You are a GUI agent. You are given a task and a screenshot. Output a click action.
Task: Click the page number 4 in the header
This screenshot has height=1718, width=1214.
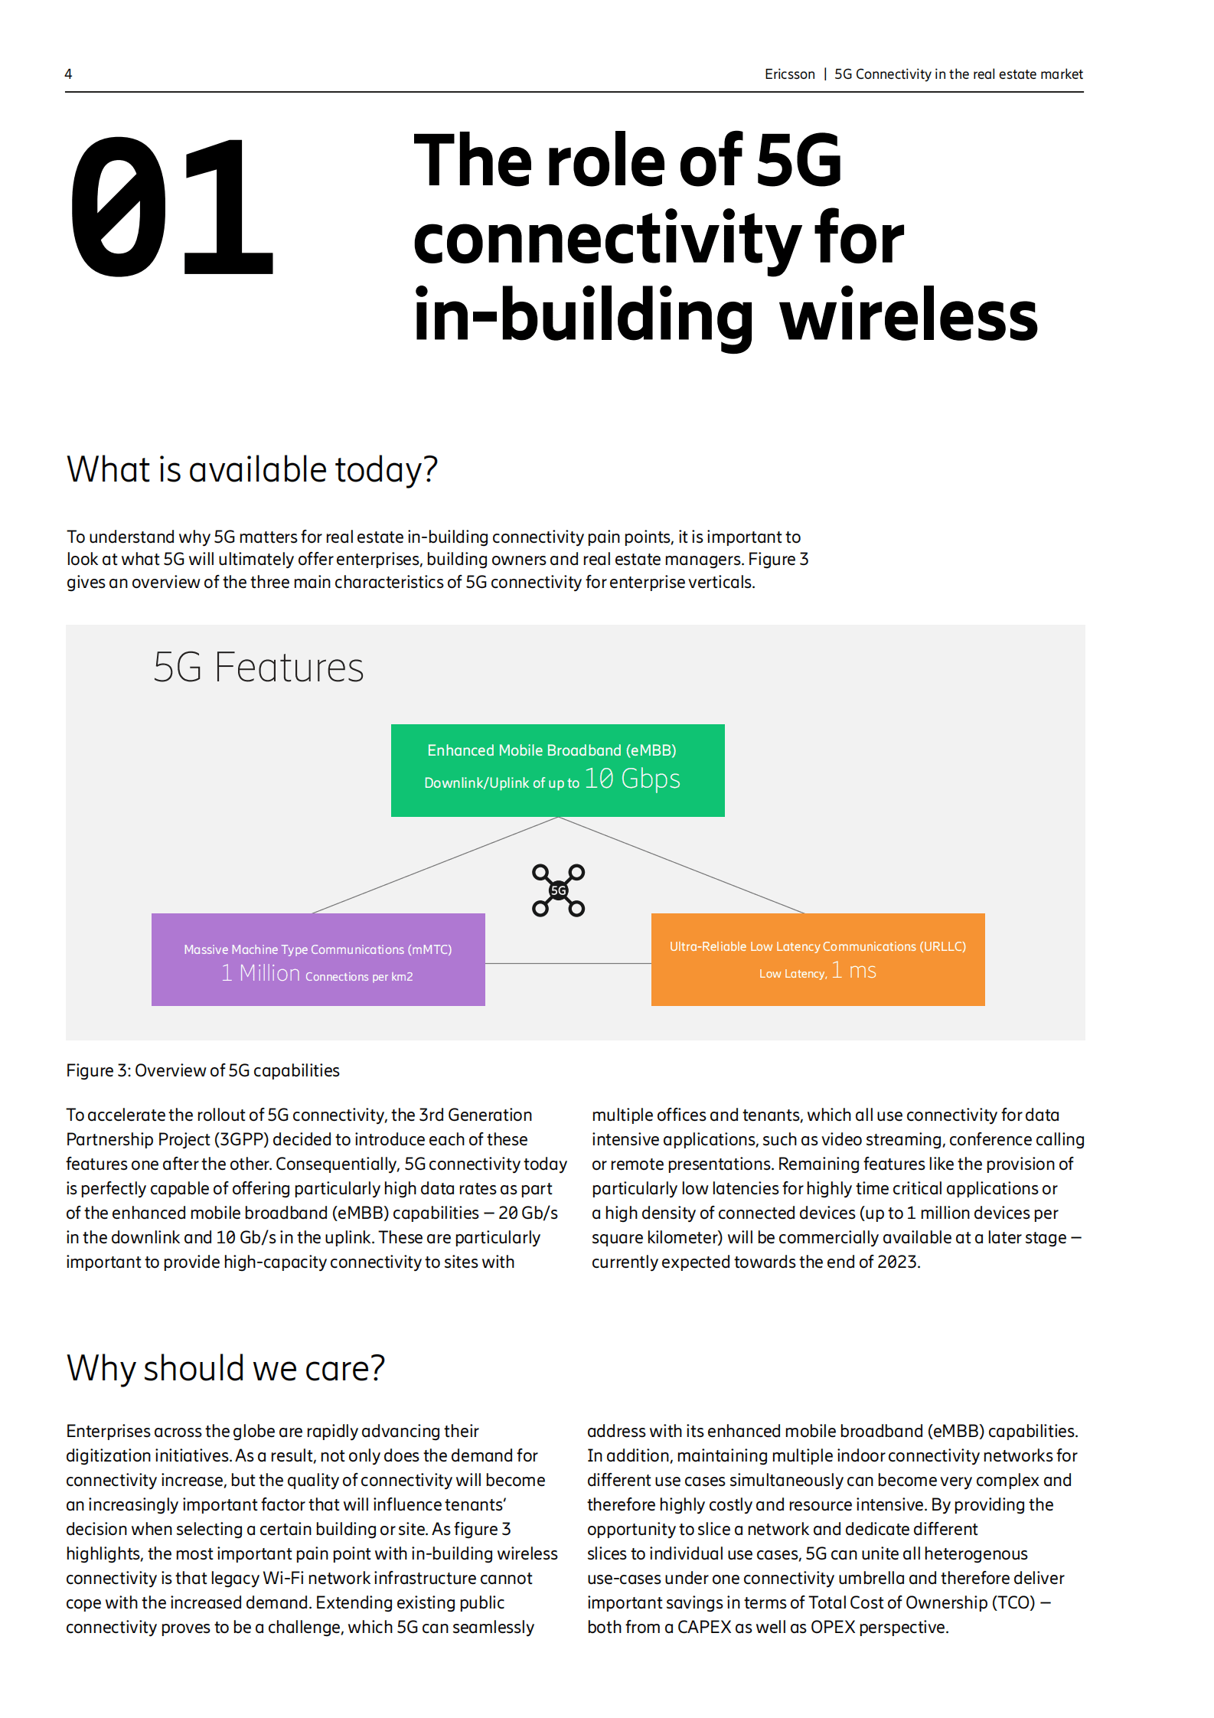coord(68,74)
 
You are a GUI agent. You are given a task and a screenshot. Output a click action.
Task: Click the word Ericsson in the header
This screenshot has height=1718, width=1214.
coord(789,74)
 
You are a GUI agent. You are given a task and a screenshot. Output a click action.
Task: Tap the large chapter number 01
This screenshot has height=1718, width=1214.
coord(171,207)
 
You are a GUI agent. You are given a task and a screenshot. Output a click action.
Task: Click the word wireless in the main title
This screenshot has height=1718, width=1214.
coord(909,316)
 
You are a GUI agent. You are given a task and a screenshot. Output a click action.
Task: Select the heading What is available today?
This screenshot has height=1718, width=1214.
coord(252,469)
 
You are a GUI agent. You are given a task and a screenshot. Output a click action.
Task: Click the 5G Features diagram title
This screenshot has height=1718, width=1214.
coord(259,667)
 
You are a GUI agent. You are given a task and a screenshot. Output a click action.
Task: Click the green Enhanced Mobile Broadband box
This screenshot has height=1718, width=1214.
coord(558,770)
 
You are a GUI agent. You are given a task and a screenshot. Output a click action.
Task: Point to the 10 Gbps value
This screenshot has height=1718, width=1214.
coord(632,779)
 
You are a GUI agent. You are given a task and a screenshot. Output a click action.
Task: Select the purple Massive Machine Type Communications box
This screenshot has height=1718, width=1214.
coord(318,959)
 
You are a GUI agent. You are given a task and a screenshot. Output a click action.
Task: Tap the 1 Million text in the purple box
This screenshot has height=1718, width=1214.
coord(261,973)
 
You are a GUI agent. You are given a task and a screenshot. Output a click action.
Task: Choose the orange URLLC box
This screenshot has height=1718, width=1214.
coord(818,959)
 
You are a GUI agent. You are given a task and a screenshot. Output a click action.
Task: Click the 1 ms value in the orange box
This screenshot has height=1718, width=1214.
coord(853,971)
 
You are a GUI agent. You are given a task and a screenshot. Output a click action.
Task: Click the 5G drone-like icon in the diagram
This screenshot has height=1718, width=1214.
coord(559,890)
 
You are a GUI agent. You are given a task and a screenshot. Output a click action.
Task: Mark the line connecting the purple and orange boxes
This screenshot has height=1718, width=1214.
coord(568,963)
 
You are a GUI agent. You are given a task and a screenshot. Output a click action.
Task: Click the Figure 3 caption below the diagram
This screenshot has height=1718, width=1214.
coord(203,1070)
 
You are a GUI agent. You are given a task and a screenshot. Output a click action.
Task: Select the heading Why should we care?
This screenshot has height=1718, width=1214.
coord(226,1368)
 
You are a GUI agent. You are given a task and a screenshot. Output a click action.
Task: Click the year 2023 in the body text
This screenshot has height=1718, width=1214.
coord(897,1262)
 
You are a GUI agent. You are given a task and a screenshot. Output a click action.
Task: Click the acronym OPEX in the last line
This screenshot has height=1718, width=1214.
coord(833,1627)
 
